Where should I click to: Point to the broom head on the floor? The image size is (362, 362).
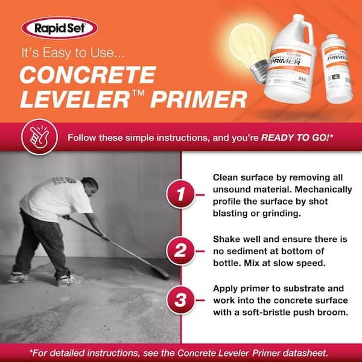click(160, 272)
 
